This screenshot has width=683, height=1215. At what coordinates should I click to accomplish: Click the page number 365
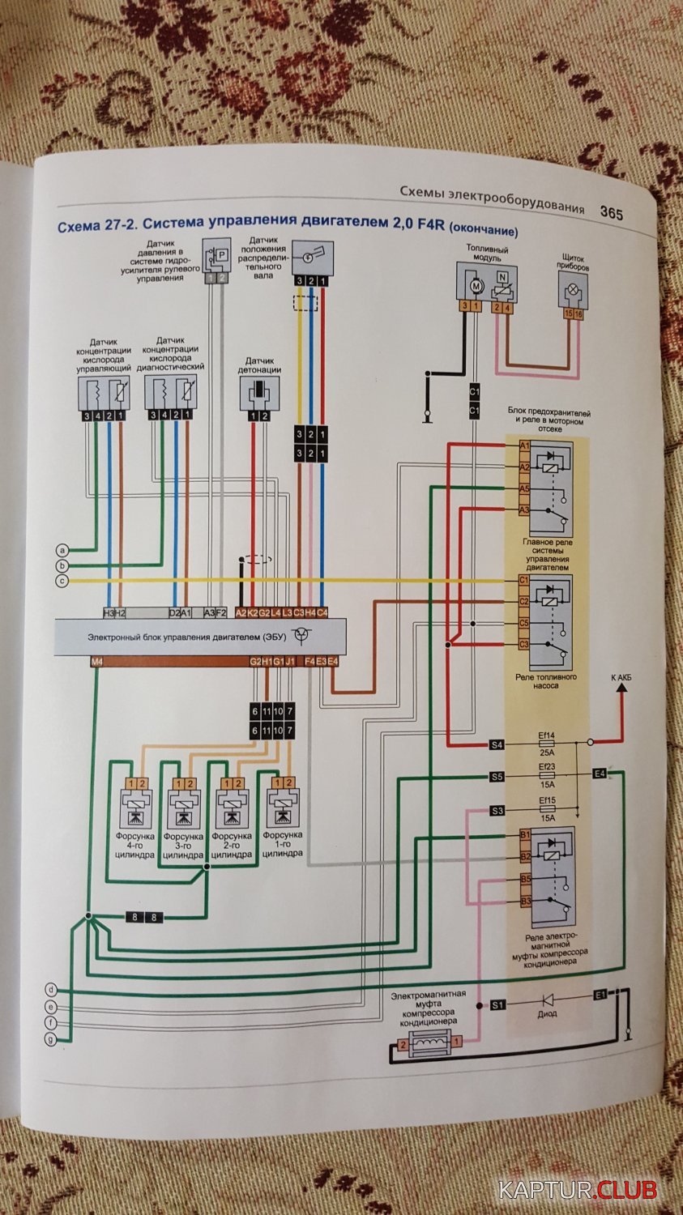(611, 213)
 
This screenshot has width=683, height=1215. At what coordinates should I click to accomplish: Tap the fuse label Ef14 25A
(547, 743)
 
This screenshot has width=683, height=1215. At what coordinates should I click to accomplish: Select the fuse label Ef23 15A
(547, 777)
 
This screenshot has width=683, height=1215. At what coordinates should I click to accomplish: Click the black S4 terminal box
(497, 744)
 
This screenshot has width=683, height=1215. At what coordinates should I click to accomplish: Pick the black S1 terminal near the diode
(497, 1004)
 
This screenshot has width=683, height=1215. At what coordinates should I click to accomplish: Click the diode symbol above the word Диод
(548, 1000)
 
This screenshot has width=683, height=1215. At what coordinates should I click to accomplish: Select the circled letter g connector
(50, 1039)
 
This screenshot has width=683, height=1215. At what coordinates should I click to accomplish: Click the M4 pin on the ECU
(97, 662)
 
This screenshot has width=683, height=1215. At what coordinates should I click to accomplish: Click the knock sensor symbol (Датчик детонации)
(259, 391)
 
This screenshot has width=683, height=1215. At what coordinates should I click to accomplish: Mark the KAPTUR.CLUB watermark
(577, 1191)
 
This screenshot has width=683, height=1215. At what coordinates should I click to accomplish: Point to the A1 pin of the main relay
(524, 446)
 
